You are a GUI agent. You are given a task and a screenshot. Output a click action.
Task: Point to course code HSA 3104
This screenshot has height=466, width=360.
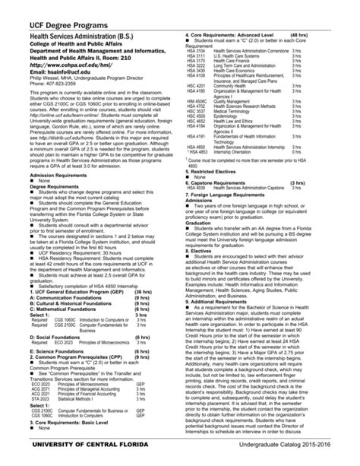(x=195, y=49)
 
